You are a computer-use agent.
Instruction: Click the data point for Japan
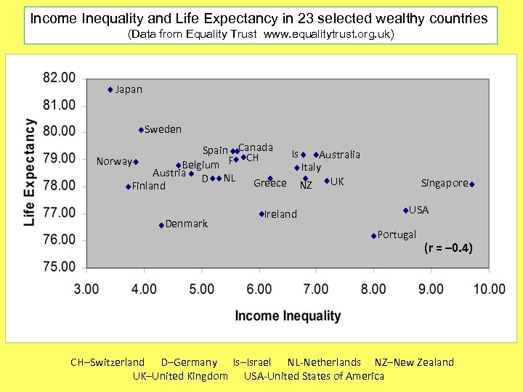coord(110,90)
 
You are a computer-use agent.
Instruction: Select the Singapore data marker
coord(471,184)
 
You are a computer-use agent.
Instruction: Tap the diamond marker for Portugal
coord(373,236)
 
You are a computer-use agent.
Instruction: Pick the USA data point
coord(405,211)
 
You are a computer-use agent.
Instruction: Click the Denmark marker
coord(161,225)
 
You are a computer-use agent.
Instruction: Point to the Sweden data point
coord(141,130)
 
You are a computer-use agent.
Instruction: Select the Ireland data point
coord(261,214)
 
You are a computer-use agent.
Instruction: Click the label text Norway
coord(114,161)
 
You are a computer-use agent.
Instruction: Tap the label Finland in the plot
coord(149,187)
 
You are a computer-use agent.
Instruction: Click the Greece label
coord(269,184)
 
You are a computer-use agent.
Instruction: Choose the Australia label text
coord(339,155)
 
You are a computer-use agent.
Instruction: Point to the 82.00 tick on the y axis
coord(59,78)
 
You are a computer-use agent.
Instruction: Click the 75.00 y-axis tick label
coord(59,266)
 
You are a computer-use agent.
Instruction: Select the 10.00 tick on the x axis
coord(489,289)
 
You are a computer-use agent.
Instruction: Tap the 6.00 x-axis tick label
coord(259,289)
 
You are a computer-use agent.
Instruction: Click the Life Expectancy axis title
coord(30,172)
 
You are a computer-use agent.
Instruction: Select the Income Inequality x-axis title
coord(288,316)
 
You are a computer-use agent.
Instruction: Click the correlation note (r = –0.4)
coord(448,248)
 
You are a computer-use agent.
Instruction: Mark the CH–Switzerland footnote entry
coord(108,362)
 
